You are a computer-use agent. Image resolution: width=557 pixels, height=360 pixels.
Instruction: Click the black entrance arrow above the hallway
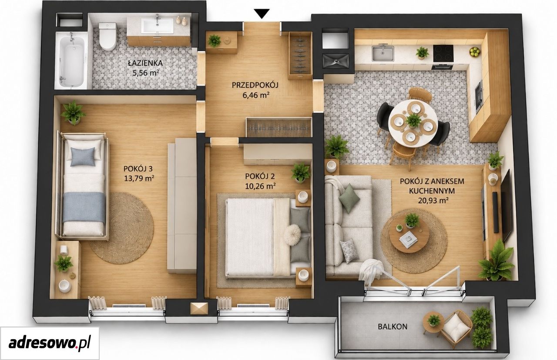coord(262,13)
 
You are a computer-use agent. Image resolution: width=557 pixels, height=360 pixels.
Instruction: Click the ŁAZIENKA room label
coord(145,63)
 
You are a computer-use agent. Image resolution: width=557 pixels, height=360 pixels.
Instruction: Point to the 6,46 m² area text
coord(256,95)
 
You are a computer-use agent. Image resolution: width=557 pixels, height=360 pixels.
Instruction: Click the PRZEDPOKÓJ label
coord(255,85)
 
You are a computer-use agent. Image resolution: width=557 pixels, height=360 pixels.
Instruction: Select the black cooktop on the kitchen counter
coord(443,53)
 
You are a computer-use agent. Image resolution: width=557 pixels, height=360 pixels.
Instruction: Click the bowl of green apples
coord(475,52)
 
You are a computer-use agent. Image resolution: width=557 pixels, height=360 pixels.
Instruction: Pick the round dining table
coord(413,123)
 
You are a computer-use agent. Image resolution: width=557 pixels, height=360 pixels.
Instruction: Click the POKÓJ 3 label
coord(138,169)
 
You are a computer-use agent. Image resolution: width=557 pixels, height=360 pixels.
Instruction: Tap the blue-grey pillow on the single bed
coord(83,157)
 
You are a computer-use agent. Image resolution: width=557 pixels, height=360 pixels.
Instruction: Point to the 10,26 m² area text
coord(260,186)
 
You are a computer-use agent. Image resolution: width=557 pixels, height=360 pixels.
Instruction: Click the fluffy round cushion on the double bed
coord(293,235)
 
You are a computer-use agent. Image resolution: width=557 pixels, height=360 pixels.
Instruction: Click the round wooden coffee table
coord(409,236)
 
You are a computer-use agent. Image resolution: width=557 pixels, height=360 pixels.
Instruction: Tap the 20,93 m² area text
coord(433,200)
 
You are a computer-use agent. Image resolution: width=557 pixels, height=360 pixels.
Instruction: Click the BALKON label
coord(393,327)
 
